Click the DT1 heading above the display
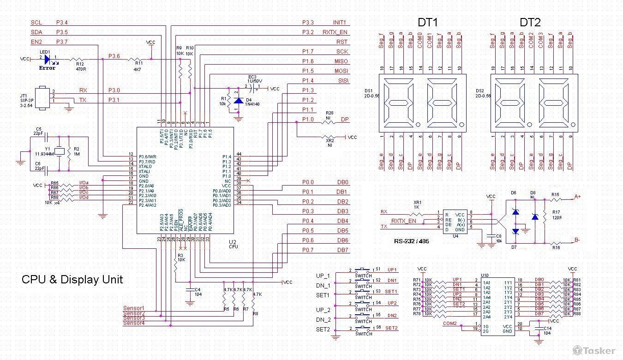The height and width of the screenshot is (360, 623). [427, 22]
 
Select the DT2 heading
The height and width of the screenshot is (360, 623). [530, 22]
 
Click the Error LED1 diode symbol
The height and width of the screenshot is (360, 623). [47, 59]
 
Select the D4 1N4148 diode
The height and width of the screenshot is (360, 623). [238, 101]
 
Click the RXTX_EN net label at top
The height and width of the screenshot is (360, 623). [335, 32]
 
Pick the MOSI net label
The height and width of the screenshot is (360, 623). [341, 71]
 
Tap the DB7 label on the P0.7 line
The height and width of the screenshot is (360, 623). [342, 250]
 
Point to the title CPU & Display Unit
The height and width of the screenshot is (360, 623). [72, 280]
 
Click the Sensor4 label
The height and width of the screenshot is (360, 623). [134, 323]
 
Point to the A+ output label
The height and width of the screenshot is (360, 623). [577, 197]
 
